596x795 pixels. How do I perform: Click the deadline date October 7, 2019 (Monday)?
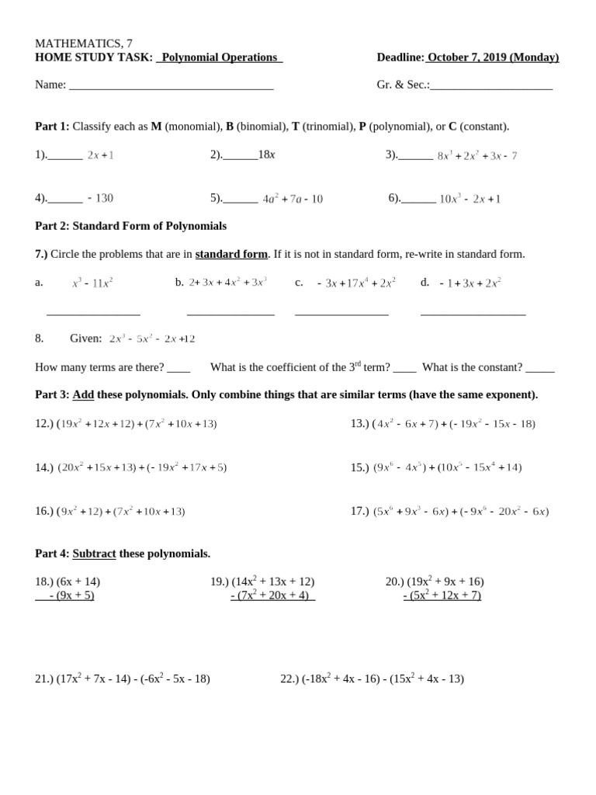[x=493, y=57]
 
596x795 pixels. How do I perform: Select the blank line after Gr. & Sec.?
[x=491, y=85]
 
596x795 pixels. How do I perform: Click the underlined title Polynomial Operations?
[x=220, y=57]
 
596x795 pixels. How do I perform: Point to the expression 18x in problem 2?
[x=266, y=154]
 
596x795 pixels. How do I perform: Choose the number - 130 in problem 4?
[x=100, y=198]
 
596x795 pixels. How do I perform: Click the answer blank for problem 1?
[x=65, y=156]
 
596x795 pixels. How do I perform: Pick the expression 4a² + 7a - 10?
[x=293, y=199]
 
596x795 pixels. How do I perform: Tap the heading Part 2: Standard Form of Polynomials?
[x=130, y=226]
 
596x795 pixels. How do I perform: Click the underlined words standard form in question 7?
[x=231, y=254]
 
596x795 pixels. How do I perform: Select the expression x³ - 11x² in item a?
[x=92, y=283]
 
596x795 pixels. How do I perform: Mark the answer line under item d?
[x=473, y=314]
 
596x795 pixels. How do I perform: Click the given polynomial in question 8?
[x=152, y=338]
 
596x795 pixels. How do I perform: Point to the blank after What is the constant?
[x=539, y=369]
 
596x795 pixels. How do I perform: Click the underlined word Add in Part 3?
[x=83, y=394]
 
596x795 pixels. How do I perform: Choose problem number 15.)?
[x=359, y=467]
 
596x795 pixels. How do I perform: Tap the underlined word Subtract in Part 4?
[x=94, y=554]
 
